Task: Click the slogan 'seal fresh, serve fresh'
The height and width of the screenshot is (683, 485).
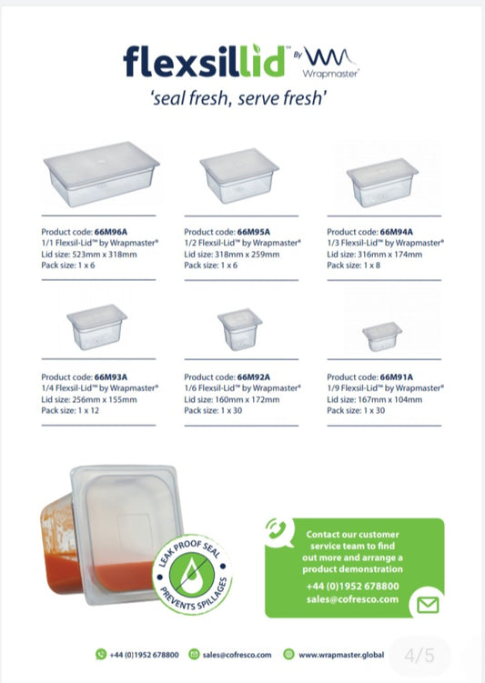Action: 243,99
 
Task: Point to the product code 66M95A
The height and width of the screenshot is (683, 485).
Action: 254,232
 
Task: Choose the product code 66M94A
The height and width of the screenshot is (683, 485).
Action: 396,232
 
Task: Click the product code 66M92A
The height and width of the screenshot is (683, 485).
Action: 254,377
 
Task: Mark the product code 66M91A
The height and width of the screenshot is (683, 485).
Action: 396,377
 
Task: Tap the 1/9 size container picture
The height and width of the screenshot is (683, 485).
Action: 382,336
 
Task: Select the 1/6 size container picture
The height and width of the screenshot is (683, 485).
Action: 239,330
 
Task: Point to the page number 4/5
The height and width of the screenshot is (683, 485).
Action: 423,653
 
